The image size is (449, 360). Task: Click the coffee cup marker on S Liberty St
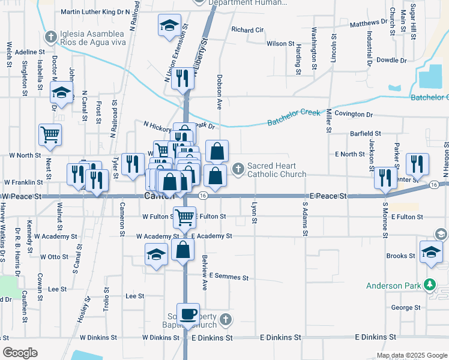[x=188, y=314]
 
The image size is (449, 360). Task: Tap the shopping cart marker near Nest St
[x=50, y=134]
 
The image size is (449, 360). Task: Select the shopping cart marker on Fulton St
[x=184, y=217]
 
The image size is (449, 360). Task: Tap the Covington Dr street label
[x=354, y=114]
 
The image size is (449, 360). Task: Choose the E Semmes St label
[x=229, y=277]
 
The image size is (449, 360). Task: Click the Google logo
[x=20, y=352]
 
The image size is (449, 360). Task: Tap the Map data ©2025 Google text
[x=411, y=355]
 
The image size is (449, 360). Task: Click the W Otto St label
[x=54, y=257]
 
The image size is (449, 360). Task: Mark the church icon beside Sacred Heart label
[x=238, y=168]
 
